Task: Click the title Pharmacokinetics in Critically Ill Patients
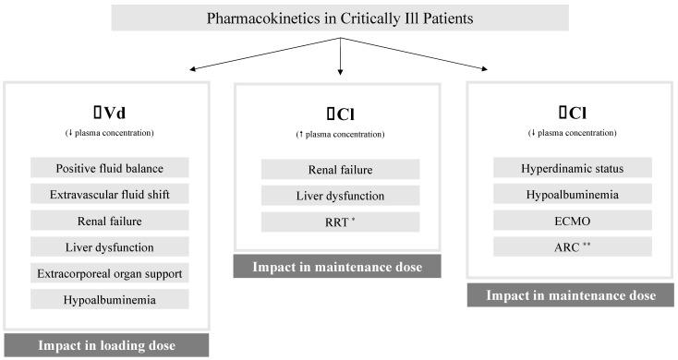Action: (x=340, y=18)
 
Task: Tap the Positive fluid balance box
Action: (x=110, y=168)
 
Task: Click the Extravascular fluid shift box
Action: (x=110, y=194)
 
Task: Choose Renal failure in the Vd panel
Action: (x=110, y=221)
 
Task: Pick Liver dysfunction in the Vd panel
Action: (x=110, y=246)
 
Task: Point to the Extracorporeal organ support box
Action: (x=110, y=273)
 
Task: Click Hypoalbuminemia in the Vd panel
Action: (x=110, y=299)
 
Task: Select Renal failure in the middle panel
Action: (x=340, y=169)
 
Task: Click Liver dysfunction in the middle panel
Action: (x=340, y=196)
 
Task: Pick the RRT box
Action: (x=340, y=222)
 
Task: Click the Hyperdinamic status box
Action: (x=573, y=168)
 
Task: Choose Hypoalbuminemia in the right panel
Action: (x=573, y=194)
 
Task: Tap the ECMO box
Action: (x=573, y=221)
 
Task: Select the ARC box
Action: (x=573, y=246)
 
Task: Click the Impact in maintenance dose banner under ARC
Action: (x=573, y=295)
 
